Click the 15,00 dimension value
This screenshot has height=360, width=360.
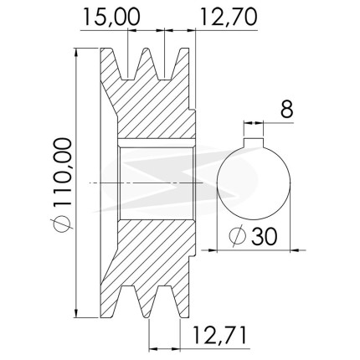point(111,17)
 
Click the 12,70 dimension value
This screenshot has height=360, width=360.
point(229,17)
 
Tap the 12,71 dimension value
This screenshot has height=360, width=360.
point(219,335)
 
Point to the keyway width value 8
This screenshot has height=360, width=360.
point(287,109)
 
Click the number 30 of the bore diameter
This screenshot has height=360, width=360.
point(265,236)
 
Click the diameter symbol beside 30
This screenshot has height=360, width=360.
point(237,236)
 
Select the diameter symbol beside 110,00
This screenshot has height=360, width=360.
point(62,224)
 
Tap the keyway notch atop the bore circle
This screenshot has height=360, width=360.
point(254,142)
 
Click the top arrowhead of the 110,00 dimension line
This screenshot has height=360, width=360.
point(76,53)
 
